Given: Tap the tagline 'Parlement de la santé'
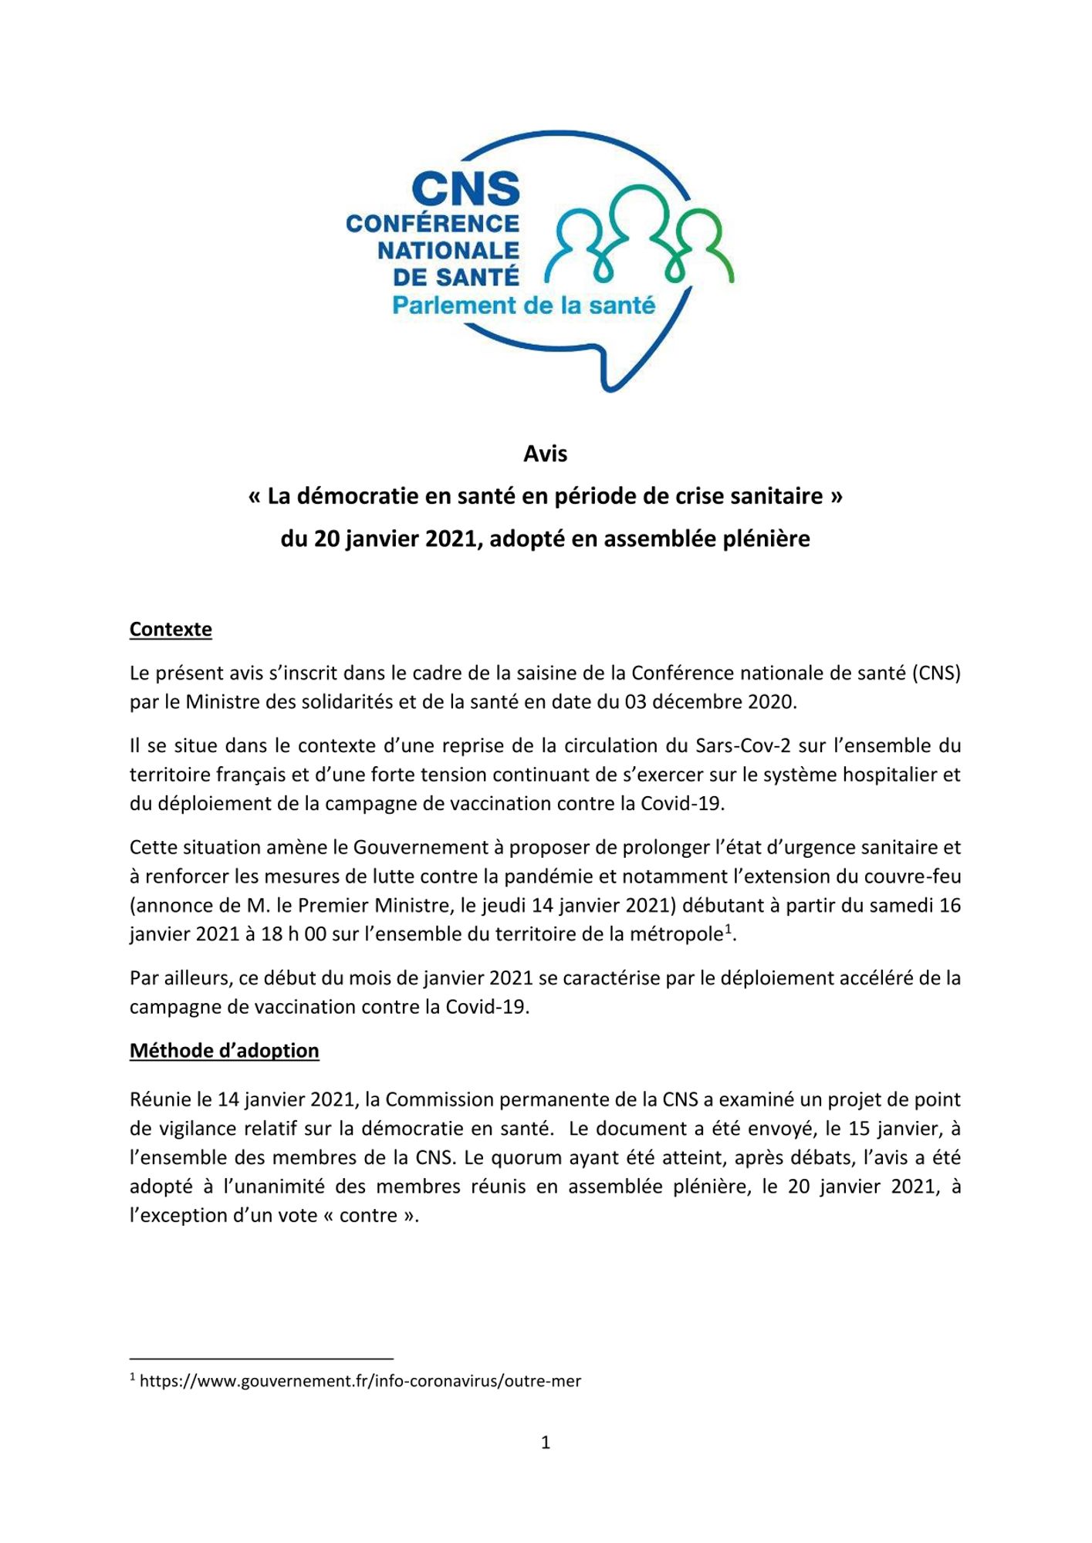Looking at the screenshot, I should tap(523, 306).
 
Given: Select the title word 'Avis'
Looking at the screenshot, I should tap(545, 454).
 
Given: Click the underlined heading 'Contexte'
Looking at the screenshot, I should tap(171, 630).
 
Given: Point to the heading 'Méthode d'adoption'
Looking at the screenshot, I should tap(224, 1051).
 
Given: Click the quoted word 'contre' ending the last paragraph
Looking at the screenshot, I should tap(368, 1216).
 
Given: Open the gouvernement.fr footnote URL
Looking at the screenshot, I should tap(360, 1381).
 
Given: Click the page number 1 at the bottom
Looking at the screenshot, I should tap(546, 1443).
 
